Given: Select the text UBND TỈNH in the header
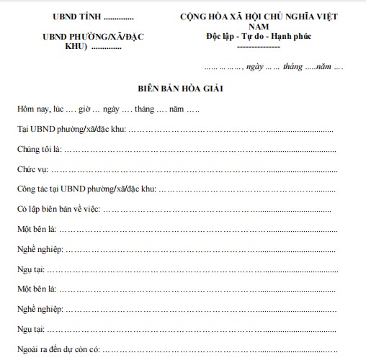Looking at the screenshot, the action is point(73,16).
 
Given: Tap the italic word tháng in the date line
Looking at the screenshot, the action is point(293,67).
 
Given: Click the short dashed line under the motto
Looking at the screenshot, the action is point(258,46).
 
